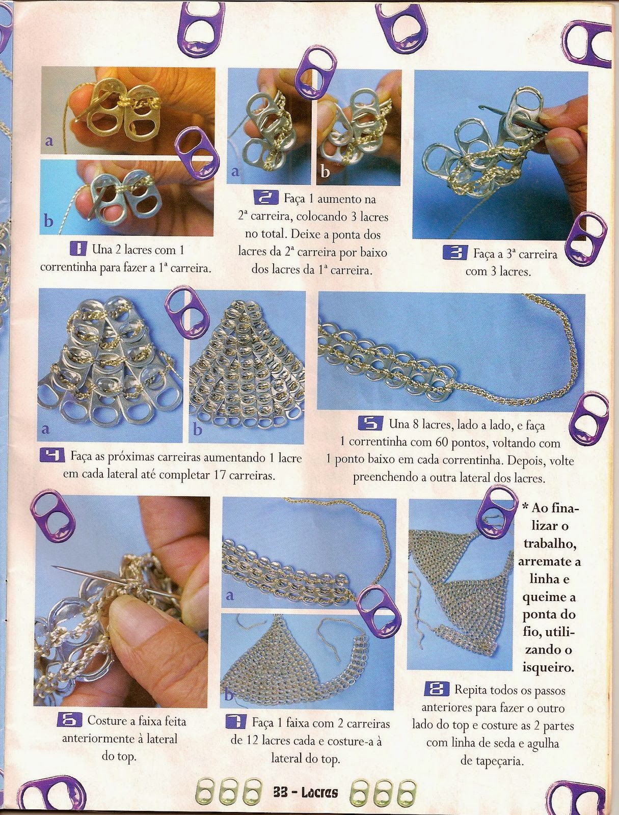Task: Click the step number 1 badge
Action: [78, 249]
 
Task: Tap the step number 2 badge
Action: [266, 198]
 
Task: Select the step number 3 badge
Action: [455, 254]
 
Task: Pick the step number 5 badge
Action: [370, 423]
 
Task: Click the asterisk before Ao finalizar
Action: [525, 506]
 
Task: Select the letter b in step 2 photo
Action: [325, 172]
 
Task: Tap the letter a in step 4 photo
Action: [46, 429]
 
